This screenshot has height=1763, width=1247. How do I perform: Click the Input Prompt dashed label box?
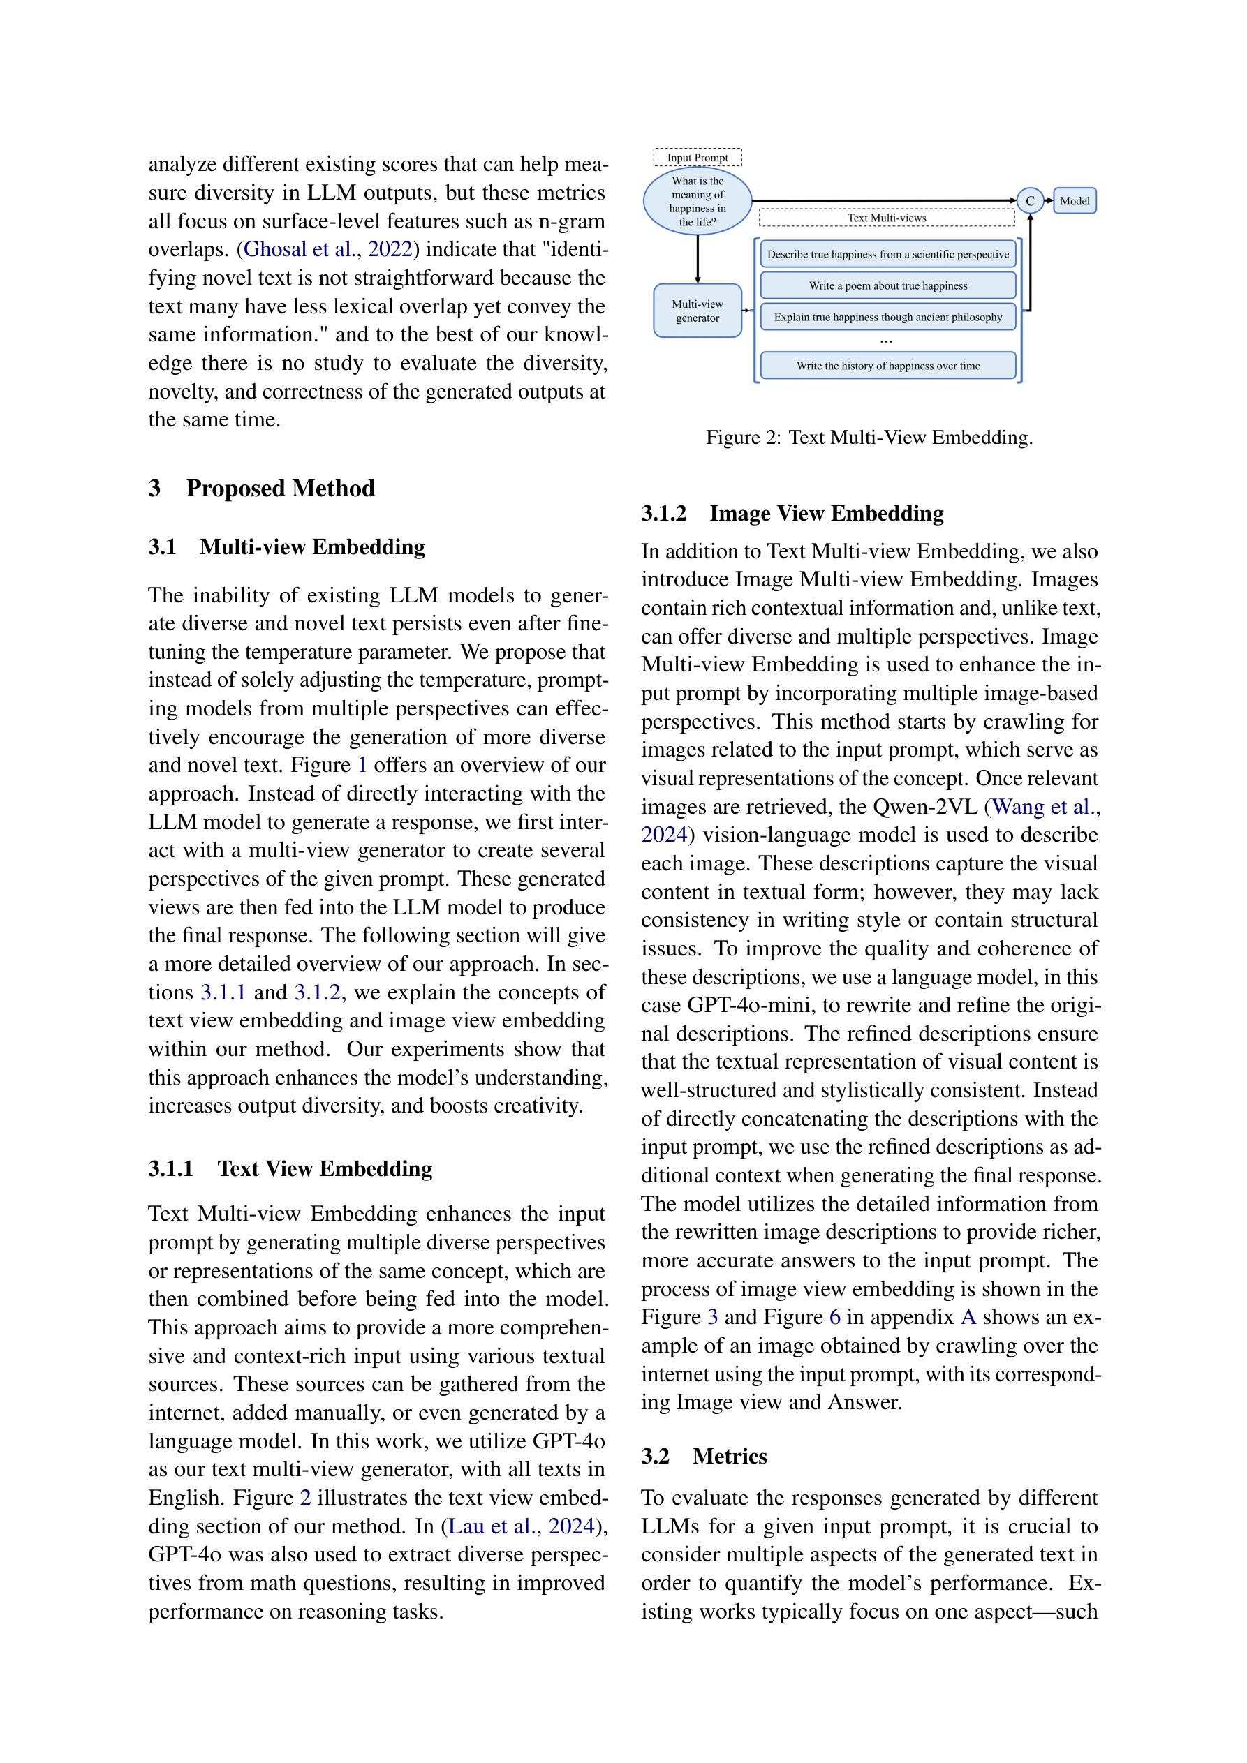pyautogui.click(x=697, y=158)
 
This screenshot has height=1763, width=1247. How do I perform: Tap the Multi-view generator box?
pyautogui.click(x=697, y=310)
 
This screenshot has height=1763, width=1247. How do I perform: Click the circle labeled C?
pyautogui.click(x=1030, y=201)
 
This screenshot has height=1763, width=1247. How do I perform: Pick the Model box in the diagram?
pyautogui.click(x=1074, y=201)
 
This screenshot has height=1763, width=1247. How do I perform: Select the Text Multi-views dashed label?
pyautogui.click(x=886, y=218)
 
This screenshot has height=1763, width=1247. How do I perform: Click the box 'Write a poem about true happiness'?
pyautogui.click(x=887, y=285)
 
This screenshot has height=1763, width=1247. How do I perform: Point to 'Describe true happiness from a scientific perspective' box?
pyautogui.click(x=887, y=254)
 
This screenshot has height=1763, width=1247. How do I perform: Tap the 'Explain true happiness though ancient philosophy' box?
pyautogui.click(x=887, y=317)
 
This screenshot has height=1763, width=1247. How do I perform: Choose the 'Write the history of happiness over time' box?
pyautogui.click(x=887, y=366)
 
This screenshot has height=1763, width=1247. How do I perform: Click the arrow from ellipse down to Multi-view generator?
pyautogui.click(x=698, y=260)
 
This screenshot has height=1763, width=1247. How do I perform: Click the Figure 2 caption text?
pyautogui.click(x=869, y=438)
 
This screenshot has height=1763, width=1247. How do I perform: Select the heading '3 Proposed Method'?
pyautogui.click(x=261, y=489)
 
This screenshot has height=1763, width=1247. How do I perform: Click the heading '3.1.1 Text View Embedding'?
pyautogui.click(x=290, y=1168)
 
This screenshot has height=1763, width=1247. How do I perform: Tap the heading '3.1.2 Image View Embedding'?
pyautogui.click(x=792, y=514)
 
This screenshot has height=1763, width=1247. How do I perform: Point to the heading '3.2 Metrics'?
pyautogui.click(x=704, y=1457)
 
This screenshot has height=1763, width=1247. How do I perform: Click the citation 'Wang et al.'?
pyautogui.click(x=1042, y=807)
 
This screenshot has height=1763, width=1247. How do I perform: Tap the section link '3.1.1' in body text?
pyautogui.click(x=223, y=993)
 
